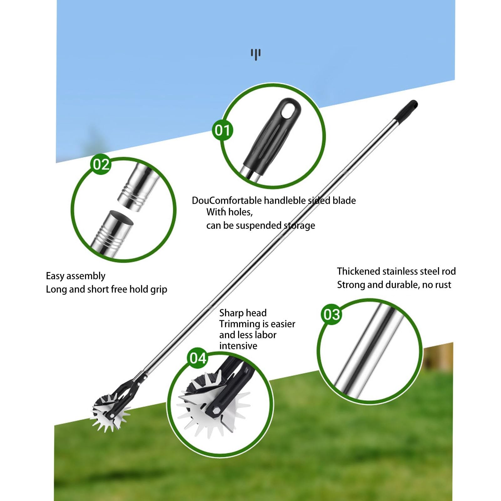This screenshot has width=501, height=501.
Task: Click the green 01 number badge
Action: (x=222, y=130)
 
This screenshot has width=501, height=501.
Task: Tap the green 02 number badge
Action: (x=101, y=164)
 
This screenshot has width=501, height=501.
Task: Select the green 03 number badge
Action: (x=332, y=314)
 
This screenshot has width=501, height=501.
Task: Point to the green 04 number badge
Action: (x=197, y=358)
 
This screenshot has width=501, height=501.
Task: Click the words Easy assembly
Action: (x=75, y=276)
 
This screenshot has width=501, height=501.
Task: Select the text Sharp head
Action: (x=243, y=313)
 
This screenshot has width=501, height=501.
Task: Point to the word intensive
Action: (x=238, y=346)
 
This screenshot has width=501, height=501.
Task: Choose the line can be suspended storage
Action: (x=260, y=226)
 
